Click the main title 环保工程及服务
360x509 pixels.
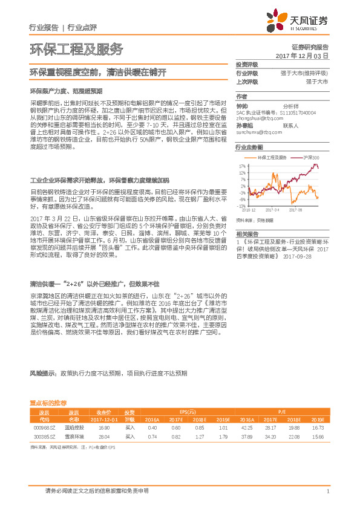[x=76, y=49]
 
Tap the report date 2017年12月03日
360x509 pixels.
[x=301, y=56]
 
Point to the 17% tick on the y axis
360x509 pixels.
[x=242, y=165]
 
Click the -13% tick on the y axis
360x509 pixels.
[x=241, y=206]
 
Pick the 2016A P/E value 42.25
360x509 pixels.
[x=246, y=427]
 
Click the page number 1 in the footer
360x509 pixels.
[x=327, y=491]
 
